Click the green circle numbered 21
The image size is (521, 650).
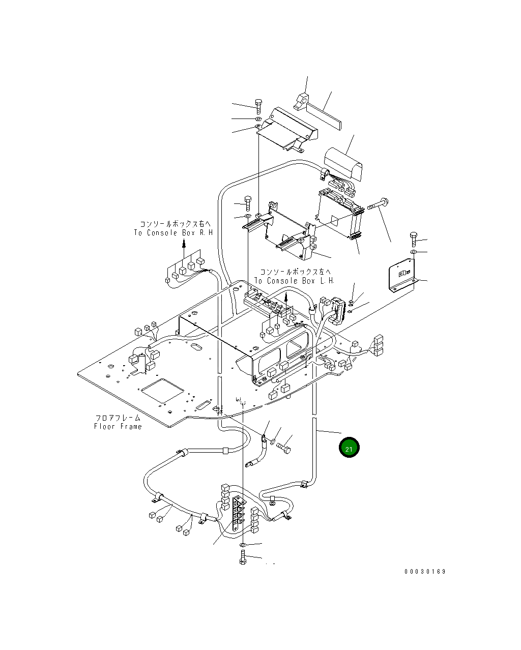click(x=349, y=448)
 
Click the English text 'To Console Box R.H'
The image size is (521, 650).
click(x=173, y=233)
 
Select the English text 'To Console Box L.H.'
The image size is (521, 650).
click(x=294, y=281)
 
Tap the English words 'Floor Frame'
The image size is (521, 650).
click(x=118, y=426)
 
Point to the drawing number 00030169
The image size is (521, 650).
click(x=425, y=571)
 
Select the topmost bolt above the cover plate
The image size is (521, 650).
click(x=258, y=106)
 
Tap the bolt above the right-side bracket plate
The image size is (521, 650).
click(x=413, y=239)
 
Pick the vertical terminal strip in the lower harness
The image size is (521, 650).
click(x=237, y=515)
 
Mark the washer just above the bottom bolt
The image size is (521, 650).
click(x=243, y=545)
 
